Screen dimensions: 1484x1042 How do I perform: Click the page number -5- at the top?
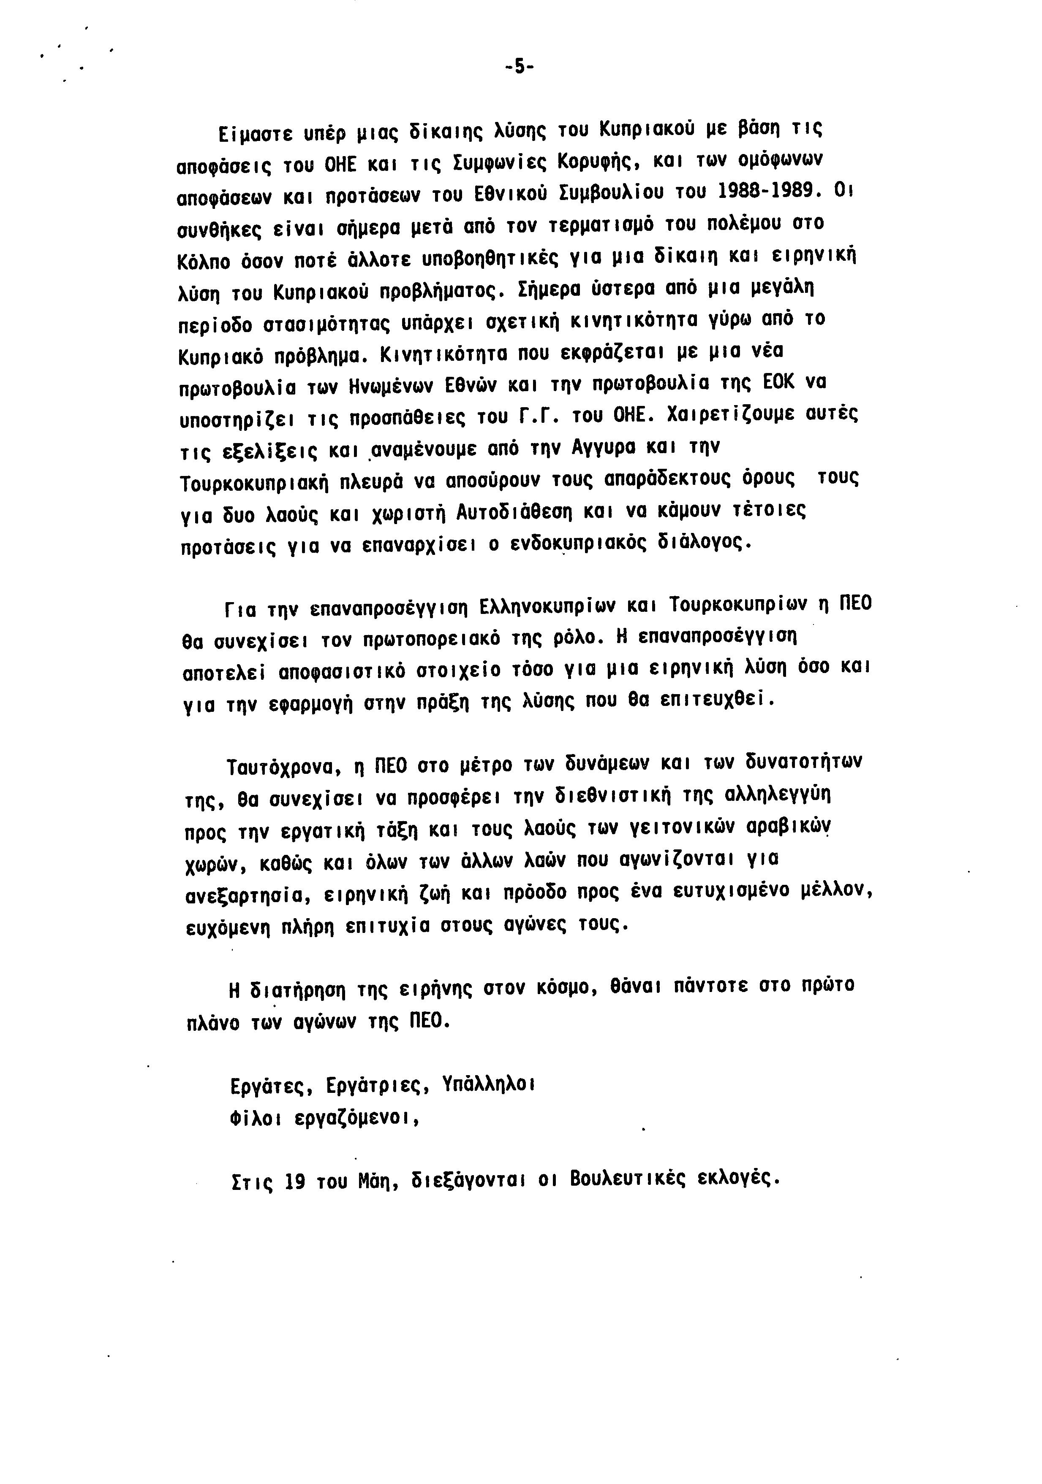tap(520, 67)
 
